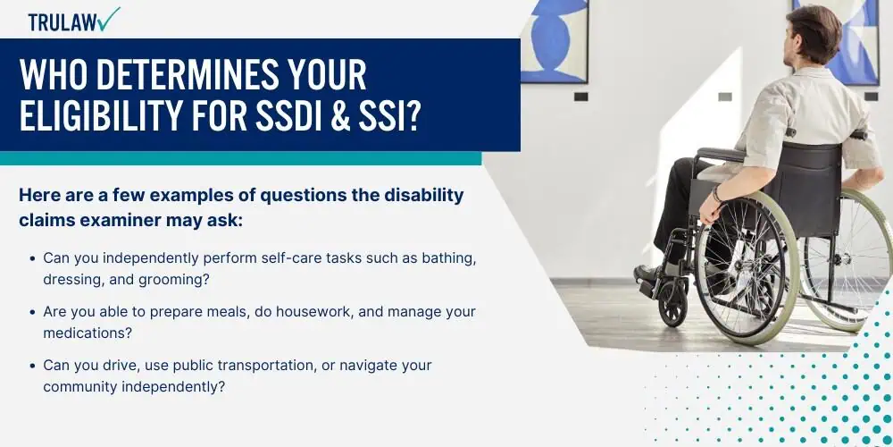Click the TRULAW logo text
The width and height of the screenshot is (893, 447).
tap(62, 21)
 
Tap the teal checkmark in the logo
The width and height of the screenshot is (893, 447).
tap(108, 18)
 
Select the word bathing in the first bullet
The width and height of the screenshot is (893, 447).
tap(449, 258)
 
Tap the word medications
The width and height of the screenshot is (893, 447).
tap(88, 333)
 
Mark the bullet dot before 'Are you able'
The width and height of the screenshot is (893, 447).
tap(33, 312)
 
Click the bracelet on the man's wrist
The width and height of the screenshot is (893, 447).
tap(717, 194)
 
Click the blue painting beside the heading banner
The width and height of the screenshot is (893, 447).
tap(555, 41)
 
